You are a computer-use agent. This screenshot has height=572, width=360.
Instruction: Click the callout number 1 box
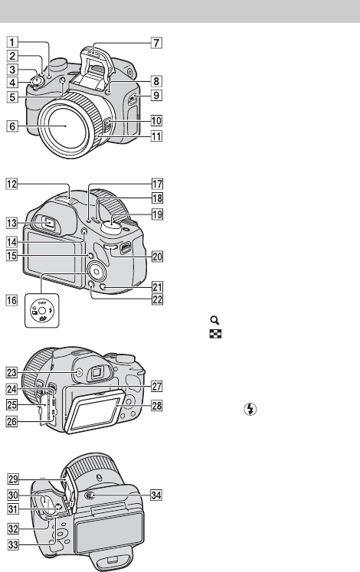click(x=12, y=42)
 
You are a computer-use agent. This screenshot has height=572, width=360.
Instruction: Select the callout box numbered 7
click(x=156, y=43)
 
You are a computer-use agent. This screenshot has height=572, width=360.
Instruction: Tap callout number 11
click(x=156, y=136)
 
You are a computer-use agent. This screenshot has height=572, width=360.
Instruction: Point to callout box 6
click(x=12, y=126)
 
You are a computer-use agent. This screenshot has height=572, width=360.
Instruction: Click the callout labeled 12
click(x=11, y=184)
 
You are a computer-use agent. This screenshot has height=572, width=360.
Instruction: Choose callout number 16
click(x=11, y=300)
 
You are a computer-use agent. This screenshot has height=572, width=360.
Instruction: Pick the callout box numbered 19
click(x=157, y=214)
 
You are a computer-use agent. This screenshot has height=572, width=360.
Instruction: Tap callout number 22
click(x=157, y=299)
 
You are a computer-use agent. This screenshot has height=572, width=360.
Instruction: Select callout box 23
click(x=11, y=372)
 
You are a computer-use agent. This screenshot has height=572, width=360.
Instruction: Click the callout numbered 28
click(x=157, y=405)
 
